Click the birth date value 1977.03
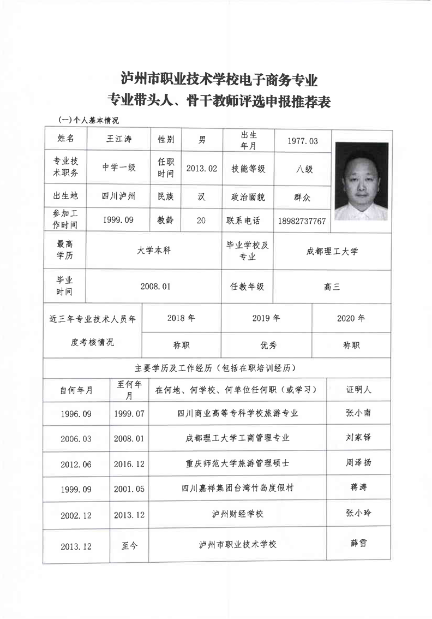(302, 140)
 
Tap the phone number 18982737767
(302, 221)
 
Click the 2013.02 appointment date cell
(201, 169)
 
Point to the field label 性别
(166, 140)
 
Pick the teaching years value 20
(201, 221)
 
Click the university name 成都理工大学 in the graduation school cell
(332, 252)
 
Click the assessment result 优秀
(266, 345)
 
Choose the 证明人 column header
(358, 390)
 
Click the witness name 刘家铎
(358, 437)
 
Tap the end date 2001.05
(129, 489)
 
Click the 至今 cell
(129, 545)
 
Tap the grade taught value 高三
(332, 286)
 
